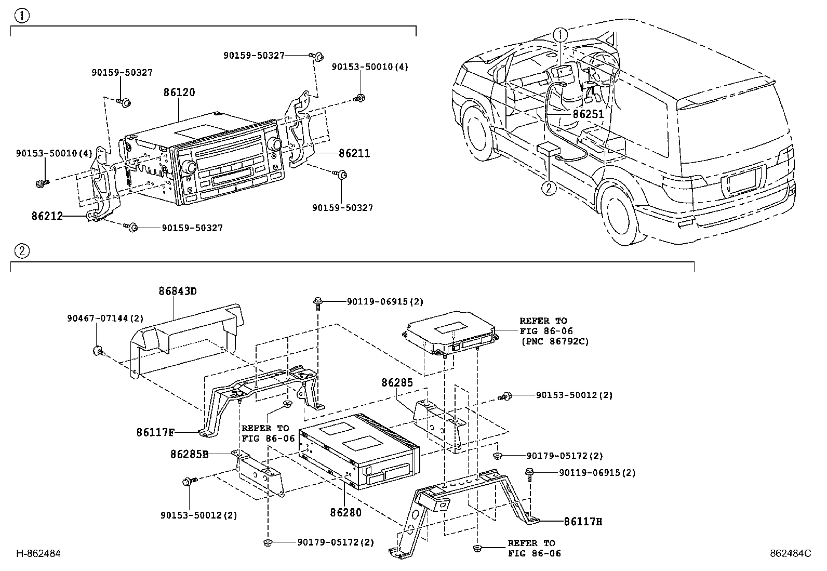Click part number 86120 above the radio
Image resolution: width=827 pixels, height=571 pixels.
tap(179, 92)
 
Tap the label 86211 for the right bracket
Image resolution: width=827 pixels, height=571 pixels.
tap(354, 153)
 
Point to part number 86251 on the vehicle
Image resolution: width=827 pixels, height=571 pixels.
tap(589, 113)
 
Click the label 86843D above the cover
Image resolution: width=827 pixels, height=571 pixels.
tap(178, 291)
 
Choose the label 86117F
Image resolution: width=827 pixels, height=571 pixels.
tap(155, 432)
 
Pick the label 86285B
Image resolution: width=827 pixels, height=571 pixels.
tap(189, 454)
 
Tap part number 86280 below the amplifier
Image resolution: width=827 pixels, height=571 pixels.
tap(345, 512)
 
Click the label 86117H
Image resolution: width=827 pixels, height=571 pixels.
tap(583, 521)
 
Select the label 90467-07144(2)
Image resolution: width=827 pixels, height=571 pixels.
tap(105, 318)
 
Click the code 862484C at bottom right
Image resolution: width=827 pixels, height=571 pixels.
tap(790, 554)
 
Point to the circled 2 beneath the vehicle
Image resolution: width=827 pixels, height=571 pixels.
tap(549, 188)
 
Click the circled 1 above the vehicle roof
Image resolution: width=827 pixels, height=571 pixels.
tap(560, 35)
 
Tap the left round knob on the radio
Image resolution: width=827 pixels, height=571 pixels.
tap(189, 167)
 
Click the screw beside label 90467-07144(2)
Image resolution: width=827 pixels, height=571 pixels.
tap(97, 352)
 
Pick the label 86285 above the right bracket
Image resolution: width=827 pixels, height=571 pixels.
tap(397, 383)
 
